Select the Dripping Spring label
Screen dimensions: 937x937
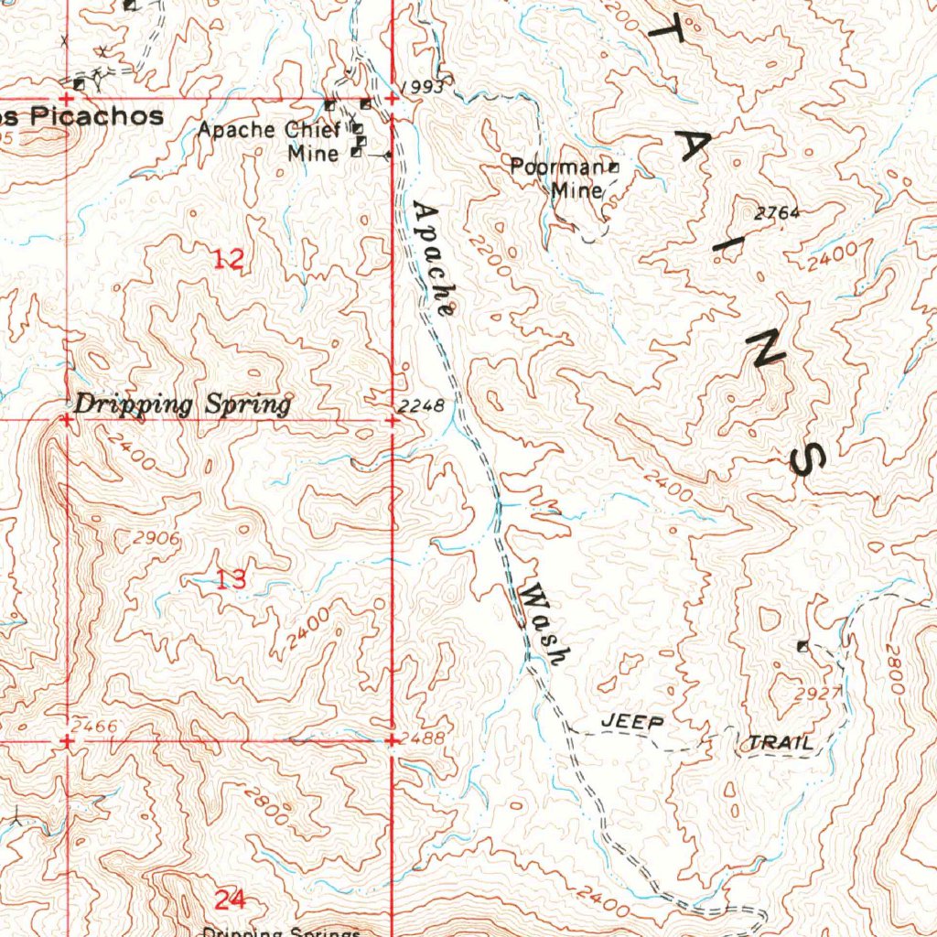click(183, 404)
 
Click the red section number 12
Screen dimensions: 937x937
click(228, 260)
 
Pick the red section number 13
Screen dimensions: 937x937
click(231, 578)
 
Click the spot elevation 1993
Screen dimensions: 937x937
click(422, 87)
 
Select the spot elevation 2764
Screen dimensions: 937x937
click(777, 213)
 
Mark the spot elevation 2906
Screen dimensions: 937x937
click(156, 539)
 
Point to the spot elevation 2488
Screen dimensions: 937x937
click(423, 738)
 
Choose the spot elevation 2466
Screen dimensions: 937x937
click(94, 727)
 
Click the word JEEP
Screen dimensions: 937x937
click(632, 723)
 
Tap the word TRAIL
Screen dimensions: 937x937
click(780, 743)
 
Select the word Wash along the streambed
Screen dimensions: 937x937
click(544, 626)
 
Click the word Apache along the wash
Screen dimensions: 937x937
click(433, 259)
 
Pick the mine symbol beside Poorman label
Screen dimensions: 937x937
click(614, 167)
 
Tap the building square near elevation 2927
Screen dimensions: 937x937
click(802, 646)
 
